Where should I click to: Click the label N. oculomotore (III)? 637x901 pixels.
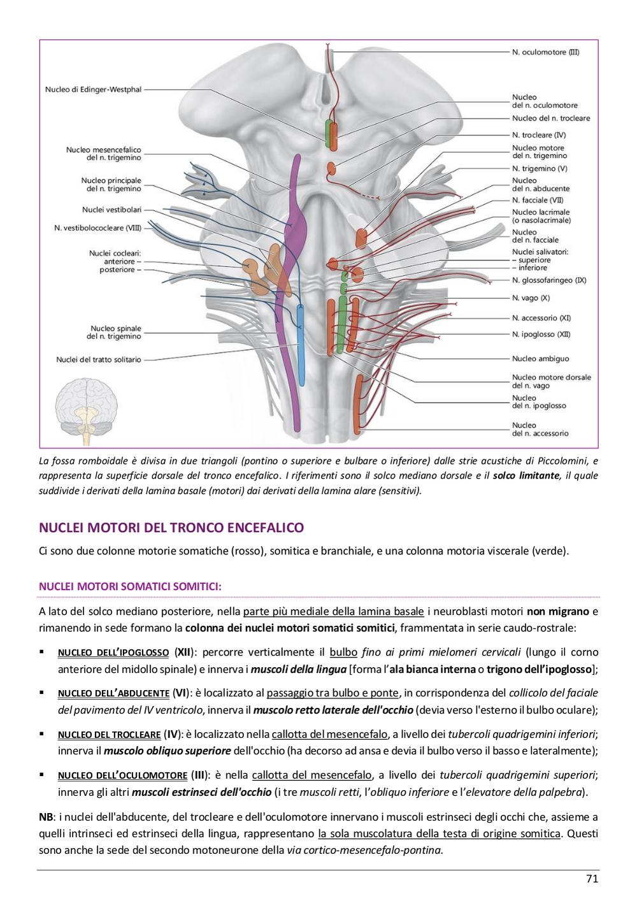point(545,52)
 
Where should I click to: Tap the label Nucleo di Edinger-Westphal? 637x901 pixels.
point(93,90)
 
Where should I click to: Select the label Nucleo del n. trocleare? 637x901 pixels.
point(551,119)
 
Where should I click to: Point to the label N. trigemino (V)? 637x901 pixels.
point(540,168)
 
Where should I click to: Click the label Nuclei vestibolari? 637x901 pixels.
point(112,210)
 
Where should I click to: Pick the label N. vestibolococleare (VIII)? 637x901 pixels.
point(97,228)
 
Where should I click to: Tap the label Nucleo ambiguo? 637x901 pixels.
point(540,359)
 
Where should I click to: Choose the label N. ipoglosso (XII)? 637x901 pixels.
point(541,335)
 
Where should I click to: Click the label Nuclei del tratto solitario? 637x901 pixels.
point(99,359)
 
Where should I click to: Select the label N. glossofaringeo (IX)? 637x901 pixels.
point(549,280)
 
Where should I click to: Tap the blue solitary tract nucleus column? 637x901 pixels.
point(301,345)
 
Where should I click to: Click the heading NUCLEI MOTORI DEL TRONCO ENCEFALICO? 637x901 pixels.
point(171,528)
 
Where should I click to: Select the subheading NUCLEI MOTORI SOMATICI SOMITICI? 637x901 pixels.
point(131,586)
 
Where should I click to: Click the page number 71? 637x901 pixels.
point(592,879)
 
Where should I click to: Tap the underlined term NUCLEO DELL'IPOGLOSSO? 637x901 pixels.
point(113,652)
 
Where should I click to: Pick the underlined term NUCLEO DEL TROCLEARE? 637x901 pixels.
point(110,735)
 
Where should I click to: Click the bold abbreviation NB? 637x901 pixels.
point(47,817)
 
